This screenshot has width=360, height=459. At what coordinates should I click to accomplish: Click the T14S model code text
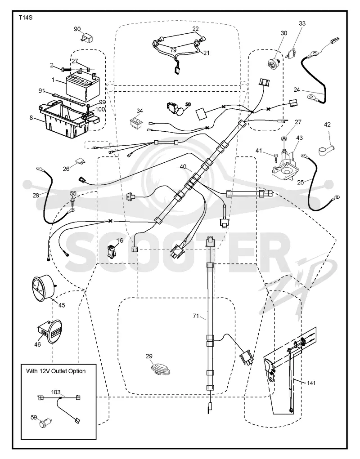[26, 18]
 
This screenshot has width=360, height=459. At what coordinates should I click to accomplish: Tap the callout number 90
[77, 29]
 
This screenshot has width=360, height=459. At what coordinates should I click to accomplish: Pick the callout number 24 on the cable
[297, 89]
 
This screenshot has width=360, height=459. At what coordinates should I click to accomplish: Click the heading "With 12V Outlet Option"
[56, 371]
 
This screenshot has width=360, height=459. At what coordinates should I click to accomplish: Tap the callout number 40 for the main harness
[183, 166]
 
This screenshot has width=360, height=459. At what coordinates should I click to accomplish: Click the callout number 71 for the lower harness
[196, 316]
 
